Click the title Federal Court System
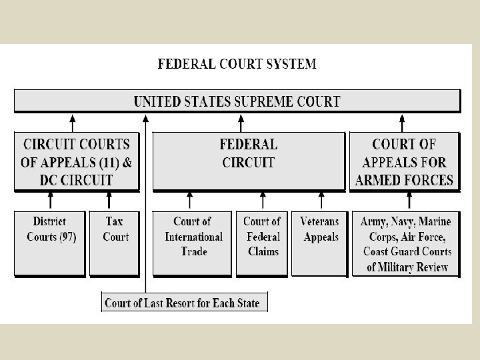pyautogui.click(x=237, y=65)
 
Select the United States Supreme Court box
pyautogui.click(x=237, y=101)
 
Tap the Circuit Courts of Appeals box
pyautogui.click(x=77, y=161)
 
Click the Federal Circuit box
pyautogui.click(x=249, y=161)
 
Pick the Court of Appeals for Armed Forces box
pyautogui.click(x=404, y=161)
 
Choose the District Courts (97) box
pyautogui.click(x=51, y=243)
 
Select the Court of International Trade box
pyautogui.click(x=192, y=243)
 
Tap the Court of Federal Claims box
pyautogui.click(x=261, y=243)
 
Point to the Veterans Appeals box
pyautogui.click(x=320, y=243)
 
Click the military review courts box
pyautogui.click(x=407, y=243)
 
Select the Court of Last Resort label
pyautogui.click(x=181, y=302)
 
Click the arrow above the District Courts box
pyautogui.click(x=51, y=201)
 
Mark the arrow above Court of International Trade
pyautogui.click(x=191, y=201)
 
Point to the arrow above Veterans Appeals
pyautogui.click(x=322, y=201)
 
